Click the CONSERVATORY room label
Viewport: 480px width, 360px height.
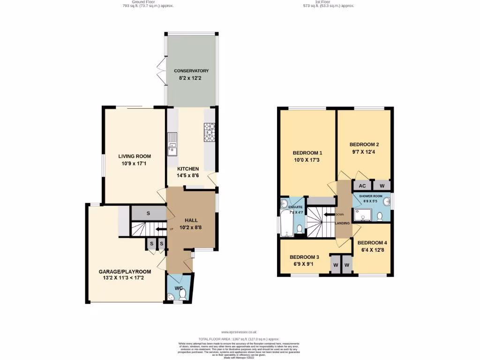pos(191,71)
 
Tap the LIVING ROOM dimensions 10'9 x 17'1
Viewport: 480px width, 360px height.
pos(135,164)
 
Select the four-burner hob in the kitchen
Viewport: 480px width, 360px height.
pos(209,132)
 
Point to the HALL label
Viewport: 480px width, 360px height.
pos(191,220)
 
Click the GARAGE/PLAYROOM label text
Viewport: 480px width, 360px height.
pos(125,271)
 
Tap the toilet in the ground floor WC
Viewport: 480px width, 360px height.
pos(183,293)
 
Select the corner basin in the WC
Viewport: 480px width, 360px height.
pos(171,296)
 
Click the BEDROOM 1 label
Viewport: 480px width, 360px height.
pos(307,153)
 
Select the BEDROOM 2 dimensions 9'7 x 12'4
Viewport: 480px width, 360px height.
pos(364,152)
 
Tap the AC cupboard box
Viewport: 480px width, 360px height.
pos(362,186)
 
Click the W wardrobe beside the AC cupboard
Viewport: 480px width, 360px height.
pos(382,186)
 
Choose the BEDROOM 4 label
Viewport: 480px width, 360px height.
pos(373,242)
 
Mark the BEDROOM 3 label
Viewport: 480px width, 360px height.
pos(304,257)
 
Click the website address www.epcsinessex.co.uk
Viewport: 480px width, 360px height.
pos(239,332)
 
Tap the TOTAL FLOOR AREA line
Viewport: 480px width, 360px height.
pos(239,338)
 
